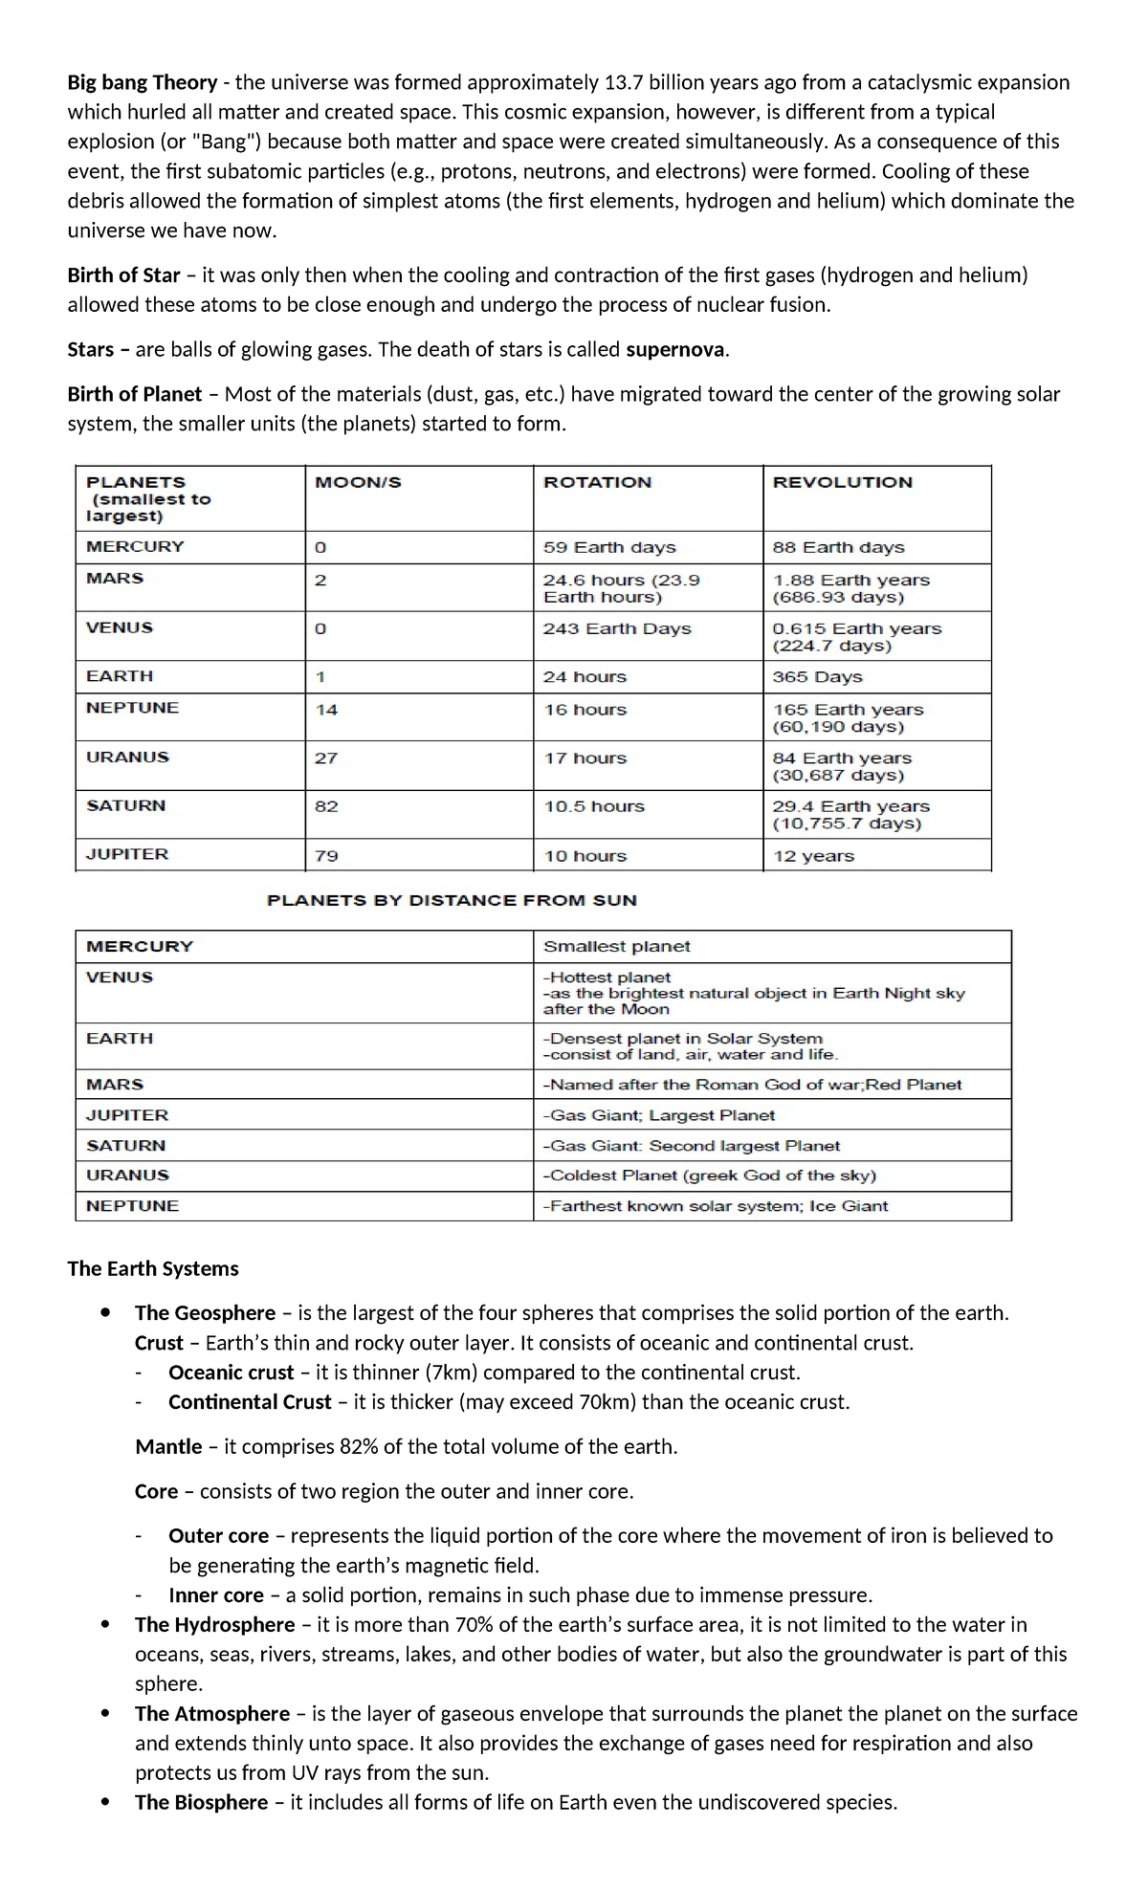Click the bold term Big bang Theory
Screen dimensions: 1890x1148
click(142, 83)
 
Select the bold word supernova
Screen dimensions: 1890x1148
click(674, 350)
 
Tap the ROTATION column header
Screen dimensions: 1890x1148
click(597, 483)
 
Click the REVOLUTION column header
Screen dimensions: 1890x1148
click(842, 483)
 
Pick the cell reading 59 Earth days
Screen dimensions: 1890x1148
click(609, 548)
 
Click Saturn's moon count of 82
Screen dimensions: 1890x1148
click(326, 806)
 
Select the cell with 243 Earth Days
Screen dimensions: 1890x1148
click(617, 629)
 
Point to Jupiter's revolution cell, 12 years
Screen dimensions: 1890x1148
click(813, 856)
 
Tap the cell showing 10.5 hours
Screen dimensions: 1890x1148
click(594, 807)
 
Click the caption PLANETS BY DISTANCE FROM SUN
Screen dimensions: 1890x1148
click(452, 900)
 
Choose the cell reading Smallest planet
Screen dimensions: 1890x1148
click(616, 947)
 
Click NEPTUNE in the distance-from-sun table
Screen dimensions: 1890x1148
click(132, 1206)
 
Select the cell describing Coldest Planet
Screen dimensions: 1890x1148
click(710, 1176)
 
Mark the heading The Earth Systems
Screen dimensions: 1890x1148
click(153, 1269)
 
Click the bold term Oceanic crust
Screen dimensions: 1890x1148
click(231, 1373)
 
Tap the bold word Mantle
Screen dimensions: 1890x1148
click(168, 1447)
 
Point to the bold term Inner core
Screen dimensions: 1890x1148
click(215, 1595)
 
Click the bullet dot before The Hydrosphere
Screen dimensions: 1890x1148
click(105, 1624)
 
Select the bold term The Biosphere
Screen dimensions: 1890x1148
click(201, 1803)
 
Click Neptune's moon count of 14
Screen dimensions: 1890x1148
click(326, 710)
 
